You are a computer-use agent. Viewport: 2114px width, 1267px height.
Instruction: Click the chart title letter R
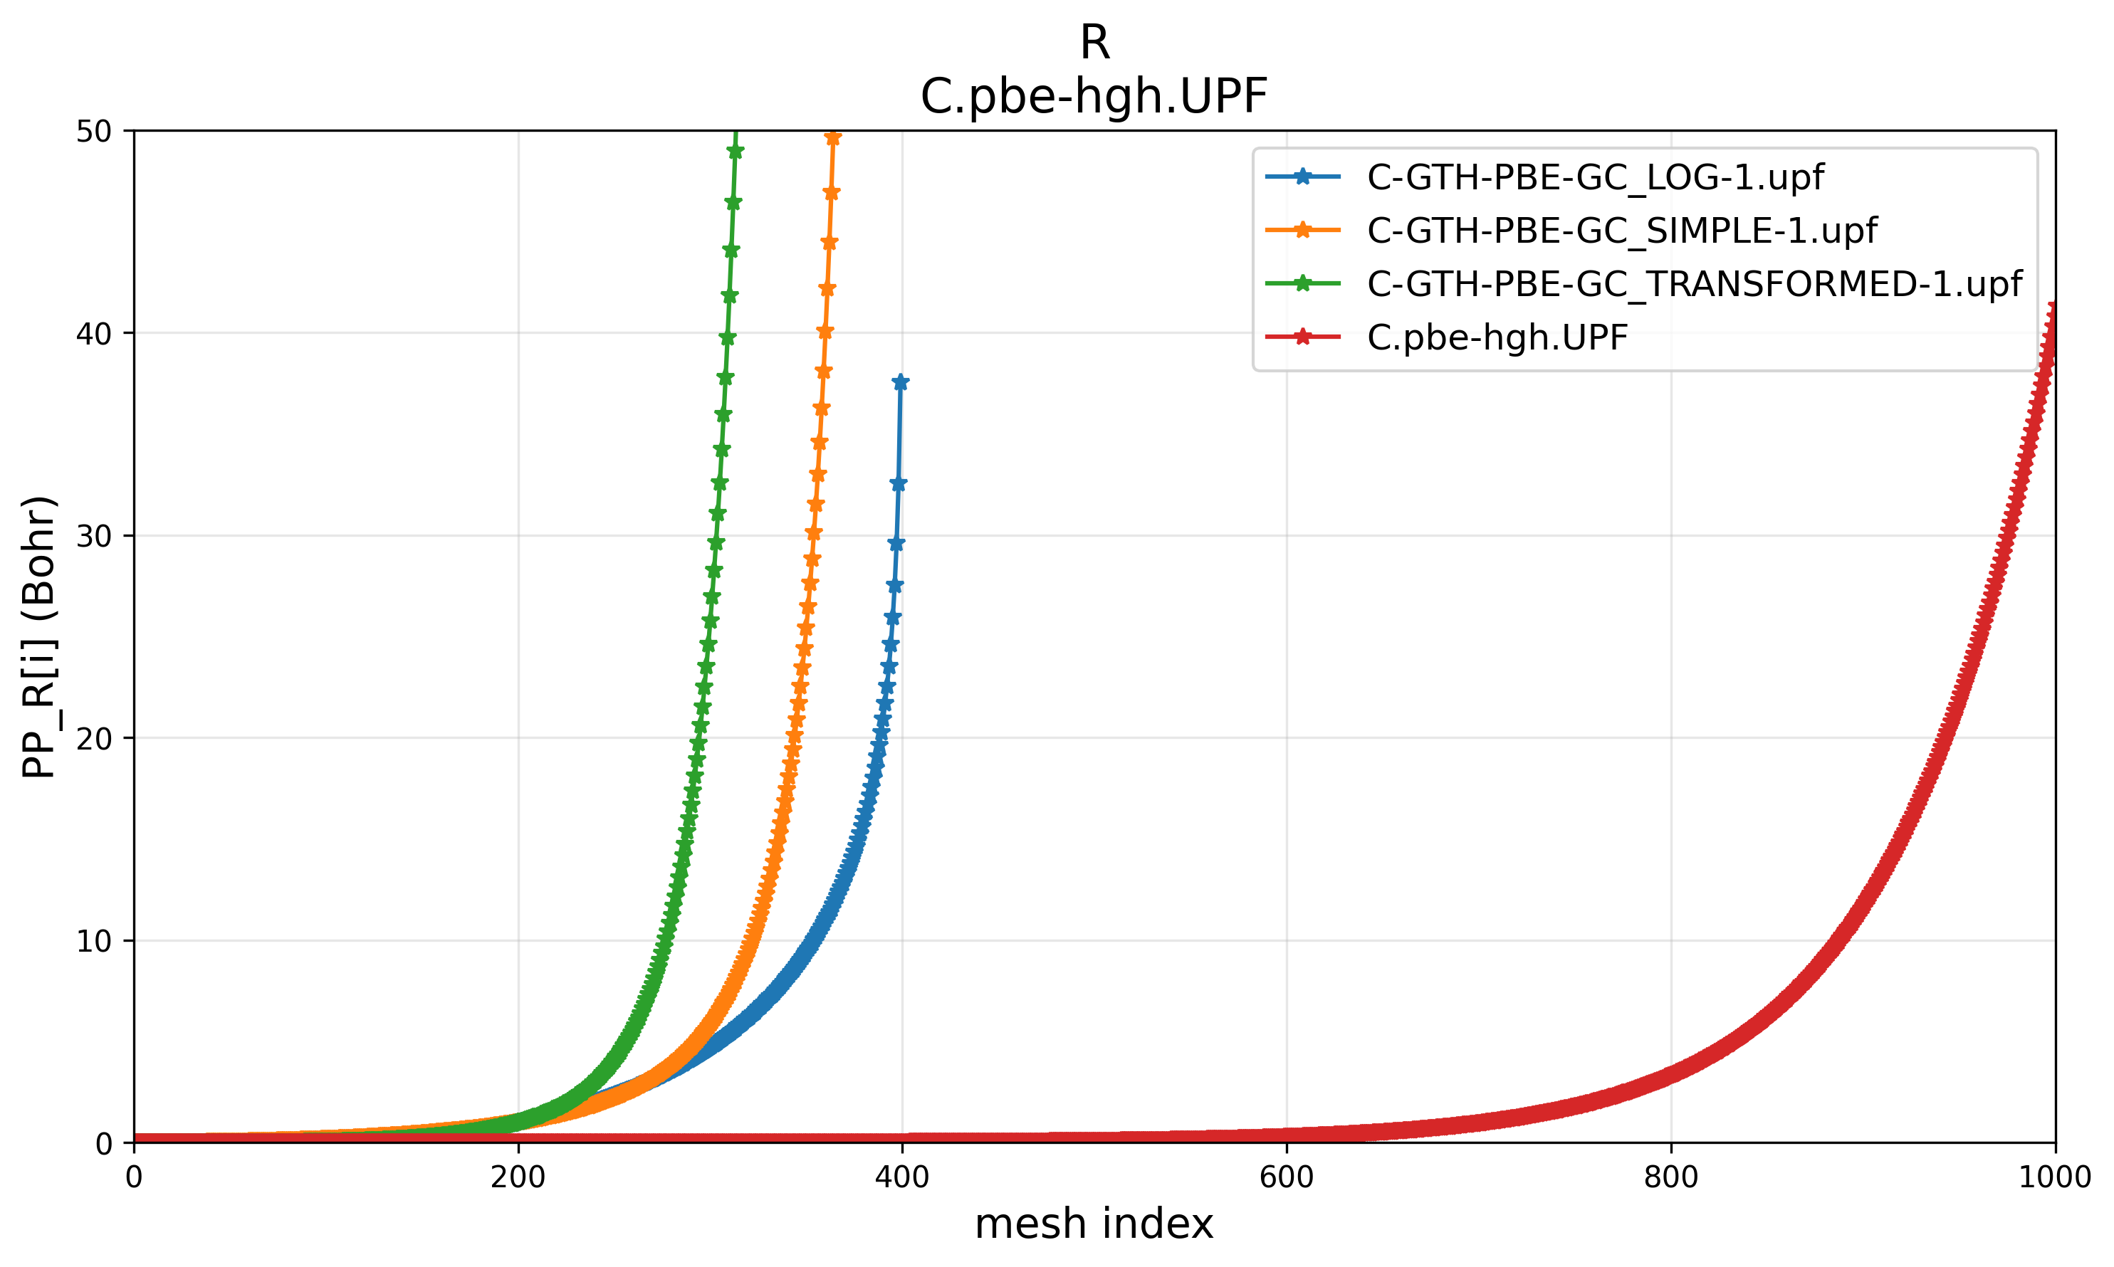(1094, 43)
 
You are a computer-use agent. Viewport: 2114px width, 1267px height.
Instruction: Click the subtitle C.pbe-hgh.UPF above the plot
(1094, 97)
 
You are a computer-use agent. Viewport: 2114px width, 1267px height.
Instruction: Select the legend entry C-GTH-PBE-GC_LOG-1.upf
(1595, 177)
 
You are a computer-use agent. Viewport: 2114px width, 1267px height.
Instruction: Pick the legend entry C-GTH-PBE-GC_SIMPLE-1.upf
(1621, 231)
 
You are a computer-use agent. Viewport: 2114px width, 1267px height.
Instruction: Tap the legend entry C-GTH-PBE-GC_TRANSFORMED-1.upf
(1694, 284)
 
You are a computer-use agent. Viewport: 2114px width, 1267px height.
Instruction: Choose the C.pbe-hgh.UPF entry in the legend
(1497, 337)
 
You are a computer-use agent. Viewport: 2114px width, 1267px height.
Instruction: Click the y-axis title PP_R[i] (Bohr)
(39, 636)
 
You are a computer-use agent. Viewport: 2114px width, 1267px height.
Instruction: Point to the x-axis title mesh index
(1094, 1224)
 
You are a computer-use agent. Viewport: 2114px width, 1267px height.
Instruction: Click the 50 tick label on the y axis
(94, 132)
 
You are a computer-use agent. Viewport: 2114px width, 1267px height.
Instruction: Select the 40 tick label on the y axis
(94, 334)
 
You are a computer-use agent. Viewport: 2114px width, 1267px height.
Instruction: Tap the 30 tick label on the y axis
(94, 536)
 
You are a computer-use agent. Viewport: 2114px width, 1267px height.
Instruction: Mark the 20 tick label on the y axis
(94, 739)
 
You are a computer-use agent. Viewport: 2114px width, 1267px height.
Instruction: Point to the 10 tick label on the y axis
(94, 941)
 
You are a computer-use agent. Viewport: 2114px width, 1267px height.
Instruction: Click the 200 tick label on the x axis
(518, 1177)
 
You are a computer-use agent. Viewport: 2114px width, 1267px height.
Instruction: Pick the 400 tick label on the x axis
(902, 1177)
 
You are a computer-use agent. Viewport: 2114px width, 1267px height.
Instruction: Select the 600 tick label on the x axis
(1287, 1177)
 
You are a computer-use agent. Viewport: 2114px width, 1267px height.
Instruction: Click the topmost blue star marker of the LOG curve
(901, 382)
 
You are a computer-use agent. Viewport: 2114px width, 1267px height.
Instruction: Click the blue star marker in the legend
(1303, 177)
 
